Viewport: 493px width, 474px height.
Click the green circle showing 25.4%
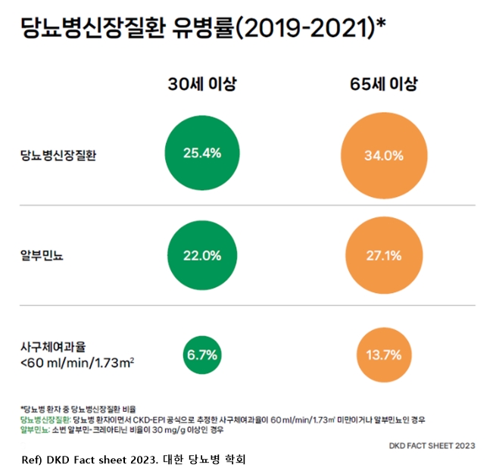click(202, 153)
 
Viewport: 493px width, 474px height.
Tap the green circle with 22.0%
click(202, 254)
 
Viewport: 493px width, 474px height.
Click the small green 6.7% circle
click(202, 354)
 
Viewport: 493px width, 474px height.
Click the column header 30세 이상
click(202, 84)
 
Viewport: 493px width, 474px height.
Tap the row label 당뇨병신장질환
click(59, 156)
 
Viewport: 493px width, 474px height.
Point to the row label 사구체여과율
click(53, 347)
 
